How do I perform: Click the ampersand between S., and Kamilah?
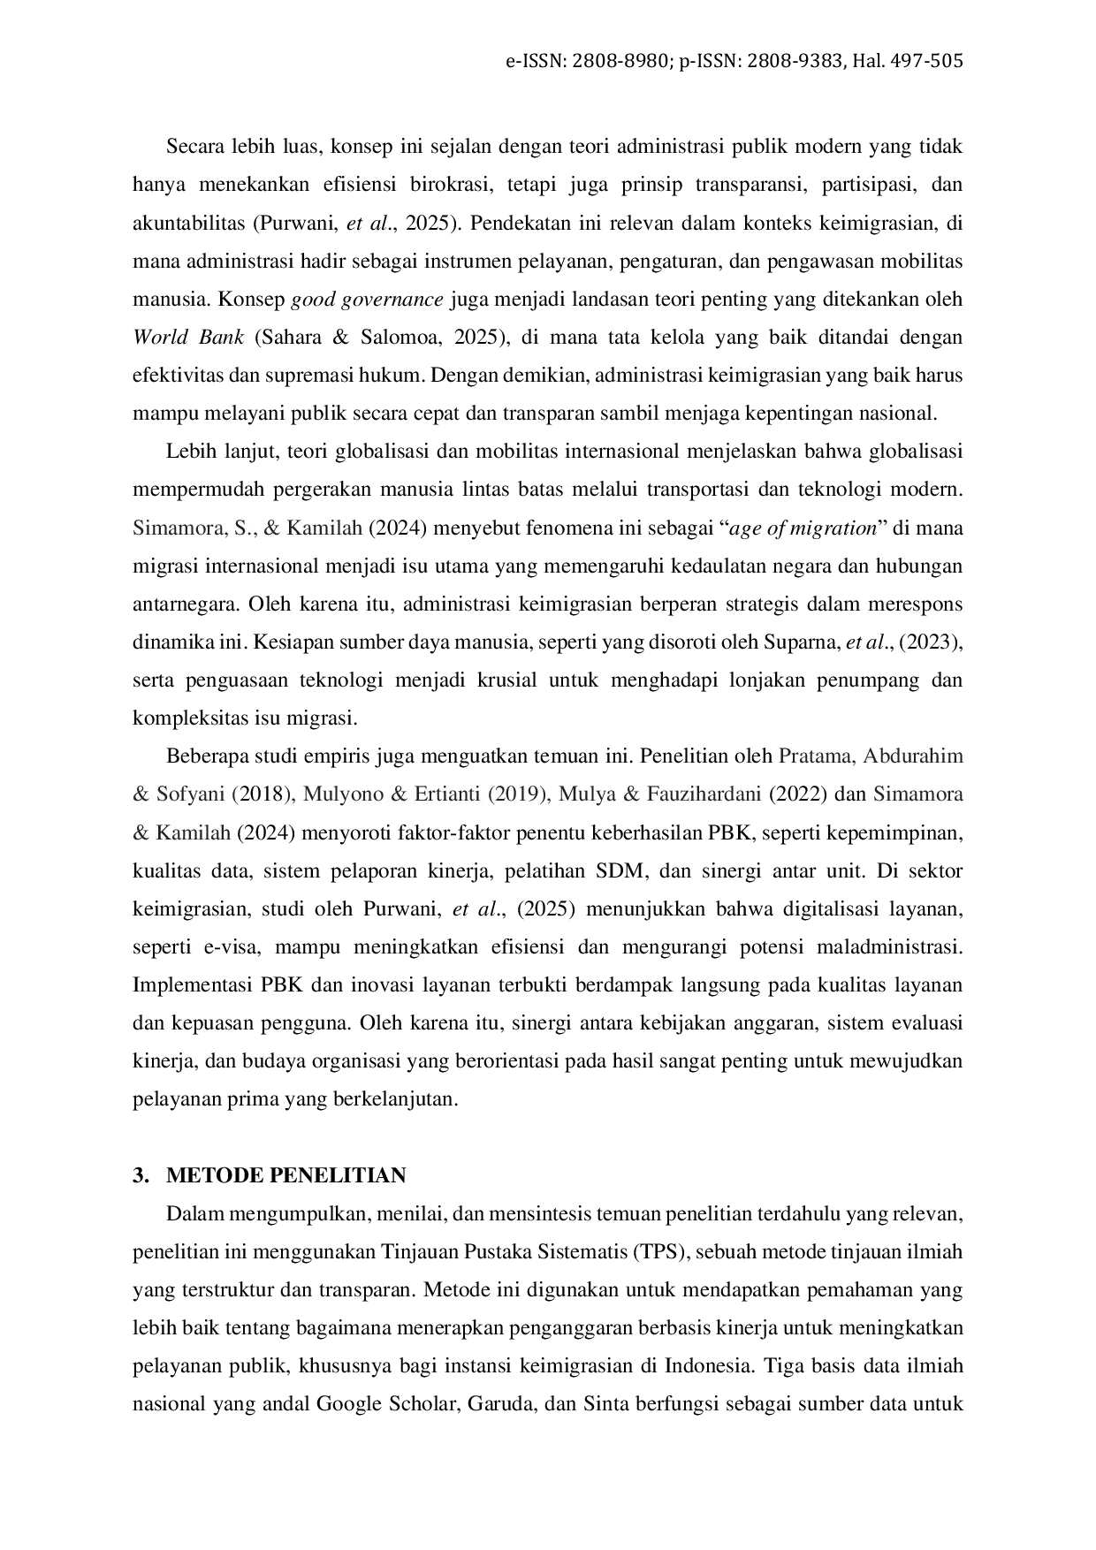point(271,528)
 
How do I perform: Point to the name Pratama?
point(815,756)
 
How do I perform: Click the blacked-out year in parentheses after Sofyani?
point(261,794)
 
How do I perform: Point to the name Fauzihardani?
point(704,794)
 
